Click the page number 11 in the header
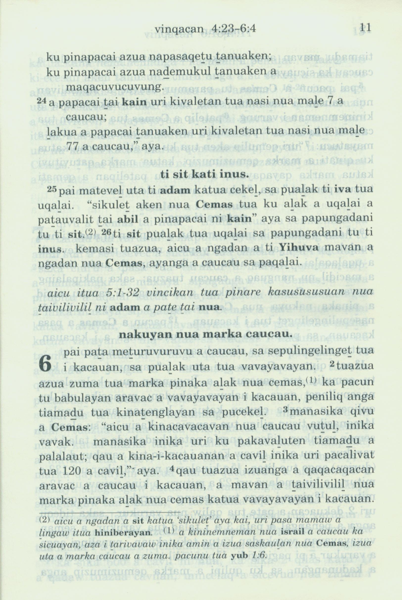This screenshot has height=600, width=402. (366, 28)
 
